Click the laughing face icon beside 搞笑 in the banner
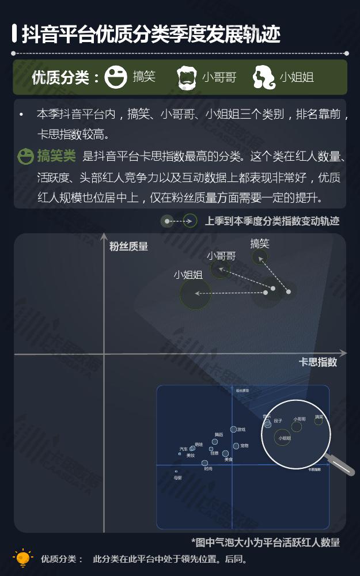[x=116, y=77]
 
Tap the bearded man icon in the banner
[x=187, y=77]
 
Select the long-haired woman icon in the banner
[x=264, y=77]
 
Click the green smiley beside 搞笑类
[x=25, y=156]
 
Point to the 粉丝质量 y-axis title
[x=128, y=247]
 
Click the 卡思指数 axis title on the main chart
[x=317, y=362]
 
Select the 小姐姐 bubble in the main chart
[x=195, y=294]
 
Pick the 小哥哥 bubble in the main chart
[x=220, y=268]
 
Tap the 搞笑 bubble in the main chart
[x=260, y=257]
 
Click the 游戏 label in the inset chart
[x=241, y=429]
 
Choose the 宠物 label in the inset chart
[x=244, y=446]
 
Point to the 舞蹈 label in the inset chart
[x=219, y=435]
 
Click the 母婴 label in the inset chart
[x=177, y=478]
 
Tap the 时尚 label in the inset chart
[x=208, y=469]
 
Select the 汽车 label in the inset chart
[x=183, y=449]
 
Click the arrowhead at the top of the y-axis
[x=104, y=236]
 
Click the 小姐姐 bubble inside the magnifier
[x=285, y=438]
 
